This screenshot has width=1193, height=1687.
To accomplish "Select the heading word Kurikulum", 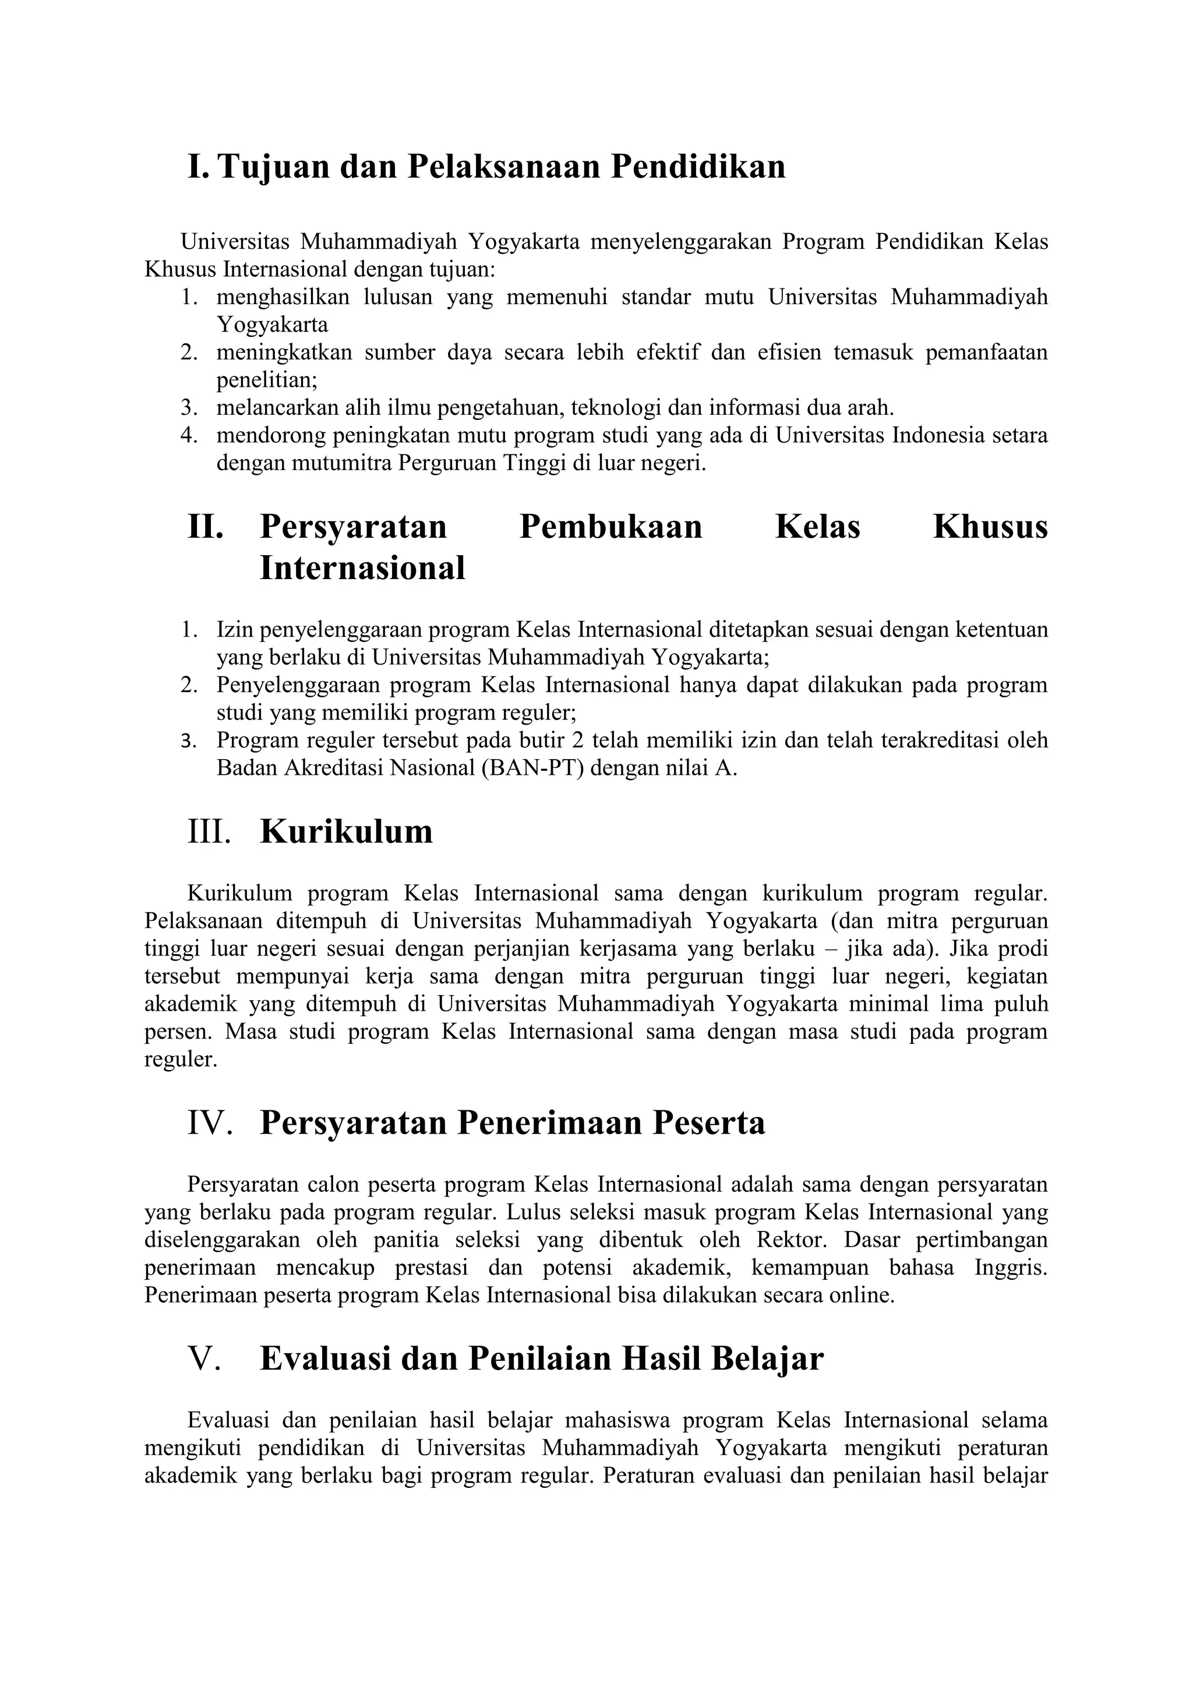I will click(346, 832).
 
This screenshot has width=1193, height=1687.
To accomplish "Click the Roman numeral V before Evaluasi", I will click(205, 1358).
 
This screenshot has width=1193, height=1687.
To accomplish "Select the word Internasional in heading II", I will click(362, 568).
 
